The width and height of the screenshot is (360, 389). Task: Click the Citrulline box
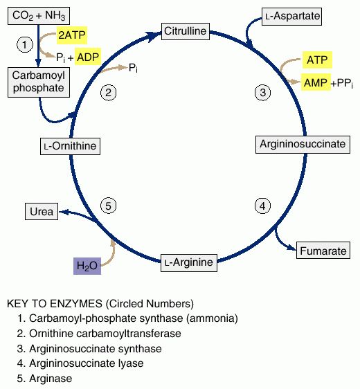coord(186,31)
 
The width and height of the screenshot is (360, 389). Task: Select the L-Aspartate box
coord(291,17)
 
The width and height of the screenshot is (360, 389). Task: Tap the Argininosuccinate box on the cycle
coord(303,145)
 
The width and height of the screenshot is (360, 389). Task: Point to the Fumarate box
coord(323,251)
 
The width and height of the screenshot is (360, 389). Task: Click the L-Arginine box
coord(189,263)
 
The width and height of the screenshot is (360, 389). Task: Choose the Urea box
coord(42,211)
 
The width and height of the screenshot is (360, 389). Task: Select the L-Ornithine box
coord(70,146)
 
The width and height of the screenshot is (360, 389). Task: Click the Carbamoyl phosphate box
coord(39,82)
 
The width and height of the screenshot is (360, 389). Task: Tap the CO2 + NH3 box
coord(39,16)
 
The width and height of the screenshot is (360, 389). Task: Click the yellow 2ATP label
coord(72,35)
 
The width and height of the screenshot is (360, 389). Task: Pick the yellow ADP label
coord(88,57)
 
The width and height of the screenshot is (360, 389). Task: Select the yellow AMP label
coord(316,82)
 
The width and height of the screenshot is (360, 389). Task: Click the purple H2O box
coord(87,266)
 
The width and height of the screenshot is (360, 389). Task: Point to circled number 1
coord(24,45)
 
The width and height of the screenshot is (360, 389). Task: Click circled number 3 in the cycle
coord(263,93)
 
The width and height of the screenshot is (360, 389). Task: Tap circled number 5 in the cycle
coord(109,206)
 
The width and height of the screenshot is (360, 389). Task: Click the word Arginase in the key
coord(51,379)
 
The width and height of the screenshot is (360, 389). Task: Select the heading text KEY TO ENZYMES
coord(55,304)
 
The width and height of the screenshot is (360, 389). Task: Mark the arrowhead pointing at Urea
coord(64,212)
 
